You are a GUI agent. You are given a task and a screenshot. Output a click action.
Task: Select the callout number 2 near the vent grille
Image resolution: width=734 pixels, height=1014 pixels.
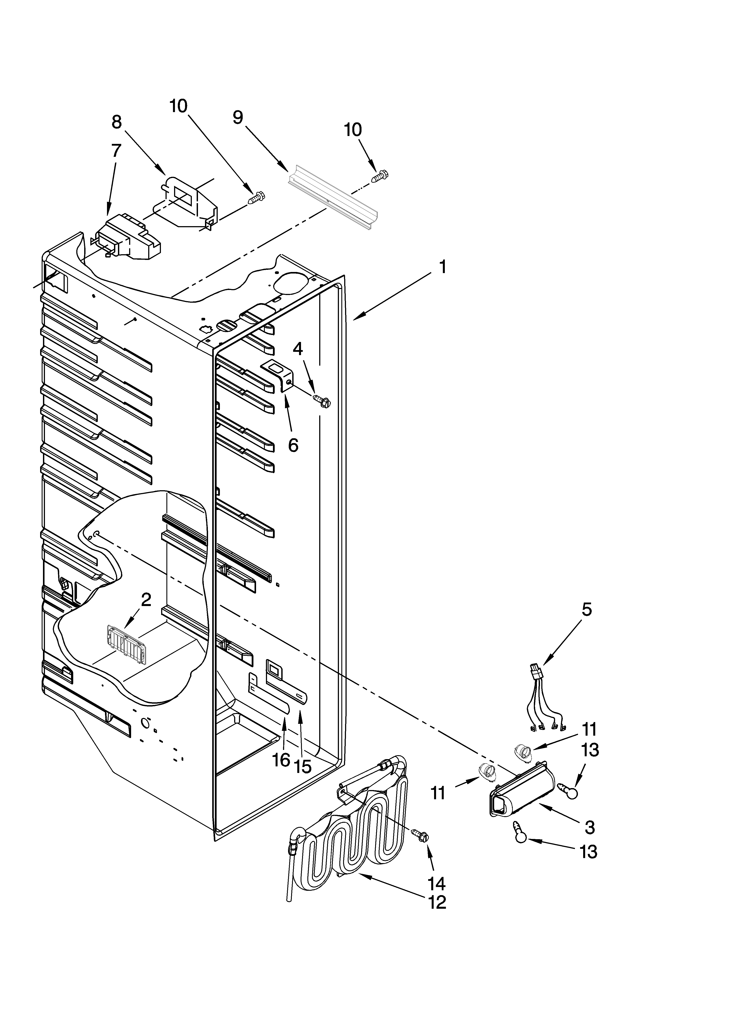click(x=146, y=600)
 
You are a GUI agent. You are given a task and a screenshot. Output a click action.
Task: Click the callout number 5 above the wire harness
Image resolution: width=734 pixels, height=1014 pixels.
click(x=586, y=609)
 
